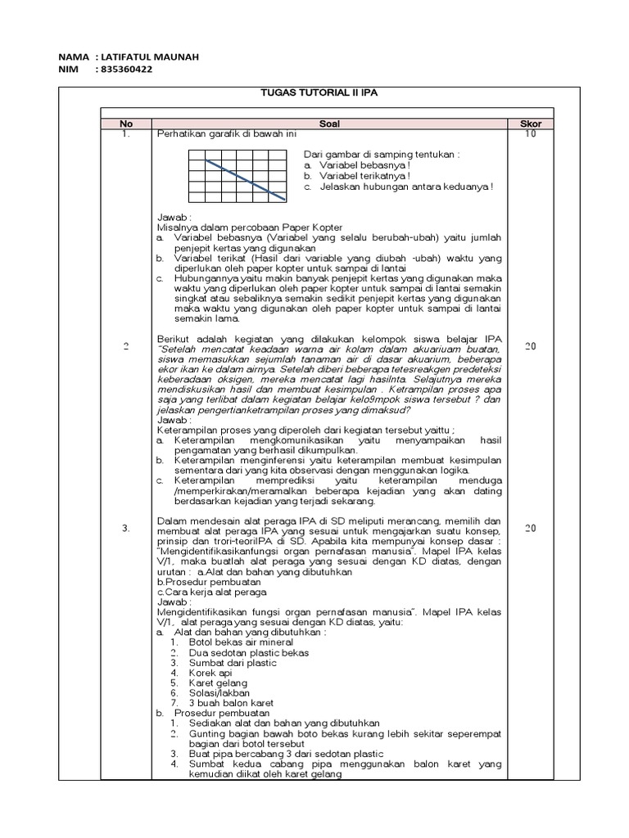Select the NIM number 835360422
[125, 70]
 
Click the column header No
[126, 124]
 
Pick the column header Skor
[531, 124]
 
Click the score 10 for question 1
[531, 133]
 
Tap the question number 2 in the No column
[126, 346]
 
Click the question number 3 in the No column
[126, 529]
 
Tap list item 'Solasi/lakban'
[219, 692]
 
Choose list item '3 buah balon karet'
[230, 702]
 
